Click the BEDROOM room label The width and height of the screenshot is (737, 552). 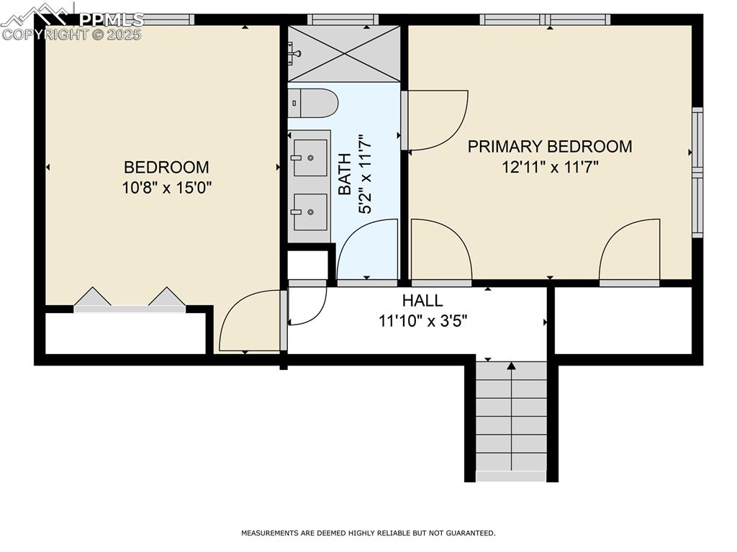click(166, 168)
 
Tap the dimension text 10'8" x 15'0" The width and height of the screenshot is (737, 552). click(166, 188)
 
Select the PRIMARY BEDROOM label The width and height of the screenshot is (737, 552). click(550, 147)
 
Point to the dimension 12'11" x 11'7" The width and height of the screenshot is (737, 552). click(550, 167)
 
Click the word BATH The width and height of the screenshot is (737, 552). click(345, 174)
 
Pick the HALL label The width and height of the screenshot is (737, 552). click(422, 301)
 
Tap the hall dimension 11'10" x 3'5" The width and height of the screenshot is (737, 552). click(423, 321)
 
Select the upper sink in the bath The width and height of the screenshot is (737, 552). click(310, 157)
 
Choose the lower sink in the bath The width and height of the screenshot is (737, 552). click(310, 212)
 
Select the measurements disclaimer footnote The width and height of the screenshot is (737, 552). click(368, 533)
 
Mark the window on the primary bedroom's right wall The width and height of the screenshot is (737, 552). click(697, 173)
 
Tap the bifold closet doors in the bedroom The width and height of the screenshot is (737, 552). click(130, 299)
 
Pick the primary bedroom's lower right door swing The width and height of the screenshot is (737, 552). click(630, 250)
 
